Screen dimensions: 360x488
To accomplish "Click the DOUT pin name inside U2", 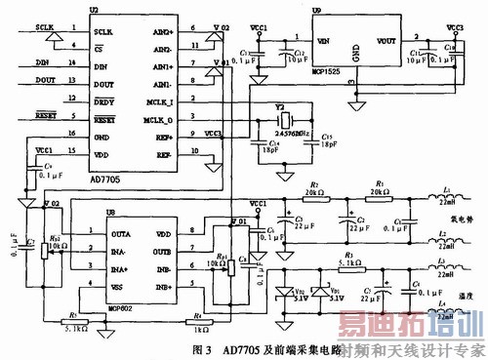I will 104,85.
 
